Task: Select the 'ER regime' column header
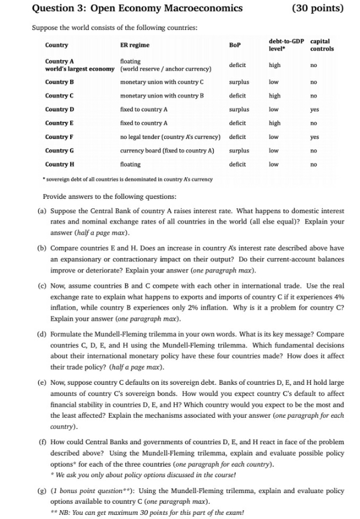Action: point(135,45)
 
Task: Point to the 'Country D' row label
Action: point(59,109)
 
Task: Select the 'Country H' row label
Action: point(59,164)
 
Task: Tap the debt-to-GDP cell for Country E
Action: point(274,123)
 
